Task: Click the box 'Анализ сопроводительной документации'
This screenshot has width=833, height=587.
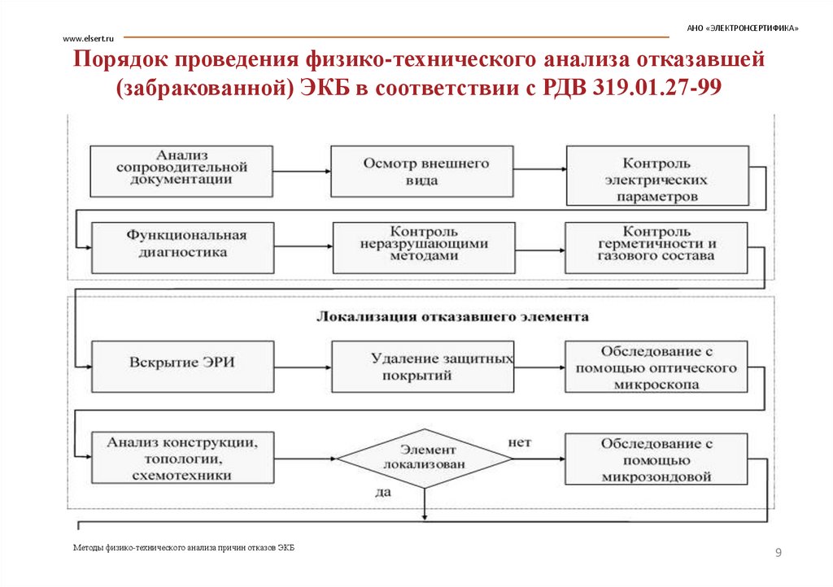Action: point(181,170)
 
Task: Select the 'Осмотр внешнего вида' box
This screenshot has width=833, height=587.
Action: point(421,172)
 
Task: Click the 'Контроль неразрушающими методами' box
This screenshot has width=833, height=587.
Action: point(424,247)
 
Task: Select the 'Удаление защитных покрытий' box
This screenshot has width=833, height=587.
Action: point(422,365)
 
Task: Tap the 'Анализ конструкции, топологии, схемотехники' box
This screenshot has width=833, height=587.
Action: point(181,459)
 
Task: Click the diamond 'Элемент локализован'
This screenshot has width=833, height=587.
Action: point(424,458)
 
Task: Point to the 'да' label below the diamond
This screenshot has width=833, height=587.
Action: point(383,492)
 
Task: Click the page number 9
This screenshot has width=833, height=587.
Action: point(778,554)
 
